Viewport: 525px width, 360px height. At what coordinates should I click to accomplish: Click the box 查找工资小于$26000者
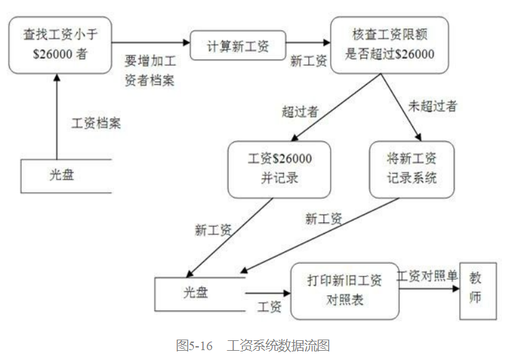(x=60, y=45)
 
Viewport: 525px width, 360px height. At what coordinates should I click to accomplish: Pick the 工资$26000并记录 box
(x=279, y=169)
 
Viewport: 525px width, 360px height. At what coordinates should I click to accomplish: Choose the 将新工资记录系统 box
(x=412, y=169)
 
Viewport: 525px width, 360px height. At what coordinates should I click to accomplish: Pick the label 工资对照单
(x=426, y=276)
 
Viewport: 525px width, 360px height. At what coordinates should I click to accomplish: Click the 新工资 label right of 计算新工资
(x=309, y=61)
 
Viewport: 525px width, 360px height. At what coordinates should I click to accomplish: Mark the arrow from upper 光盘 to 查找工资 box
(x=57, y=115)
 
